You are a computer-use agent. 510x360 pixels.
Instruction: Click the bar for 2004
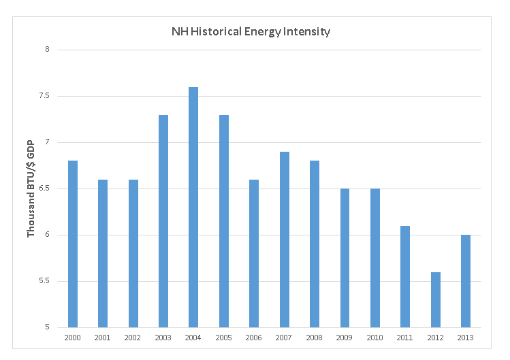point(193,208)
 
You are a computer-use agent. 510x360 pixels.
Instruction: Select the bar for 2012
point(436,300)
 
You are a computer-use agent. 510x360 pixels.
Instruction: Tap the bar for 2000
point(72,244)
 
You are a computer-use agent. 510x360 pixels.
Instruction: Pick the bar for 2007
point(284,240)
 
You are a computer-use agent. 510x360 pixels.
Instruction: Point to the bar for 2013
point(466,281)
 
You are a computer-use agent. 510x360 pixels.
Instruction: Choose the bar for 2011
point(405,277)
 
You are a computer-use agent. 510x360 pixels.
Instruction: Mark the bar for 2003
point(163,221)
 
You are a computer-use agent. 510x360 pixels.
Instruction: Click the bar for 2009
point(345,258)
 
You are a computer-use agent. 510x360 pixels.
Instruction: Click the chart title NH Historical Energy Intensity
point(251,31)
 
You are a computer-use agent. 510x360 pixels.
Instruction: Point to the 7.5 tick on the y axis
point(45,96)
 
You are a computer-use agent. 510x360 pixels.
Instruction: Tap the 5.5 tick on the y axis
point(45,281)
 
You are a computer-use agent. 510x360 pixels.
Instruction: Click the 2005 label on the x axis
point(223,338)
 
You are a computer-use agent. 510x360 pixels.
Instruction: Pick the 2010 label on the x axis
point(375,338)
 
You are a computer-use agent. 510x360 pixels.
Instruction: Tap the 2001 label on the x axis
point(103,338)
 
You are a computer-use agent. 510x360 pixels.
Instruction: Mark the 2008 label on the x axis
point(315,338)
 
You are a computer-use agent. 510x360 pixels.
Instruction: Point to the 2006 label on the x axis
point(254,338)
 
